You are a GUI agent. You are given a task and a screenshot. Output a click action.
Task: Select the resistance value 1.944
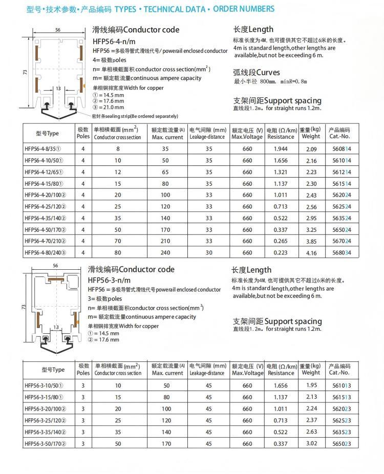(x=281, y=149)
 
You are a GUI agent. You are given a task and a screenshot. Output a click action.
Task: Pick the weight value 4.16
(x=311, y=253)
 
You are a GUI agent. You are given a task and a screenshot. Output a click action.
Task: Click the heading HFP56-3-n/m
(x=109, y=280)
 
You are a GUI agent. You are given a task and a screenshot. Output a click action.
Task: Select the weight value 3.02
(x=311, y=443)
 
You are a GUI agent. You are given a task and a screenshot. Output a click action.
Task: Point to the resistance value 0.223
(x=281, y=252)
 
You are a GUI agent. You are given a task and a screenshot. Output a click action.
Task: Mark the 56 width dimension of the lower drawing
(x=56, y=266)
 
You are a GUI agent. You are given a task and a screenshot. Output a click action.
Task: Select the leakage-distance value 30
(x=208, y=252)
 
